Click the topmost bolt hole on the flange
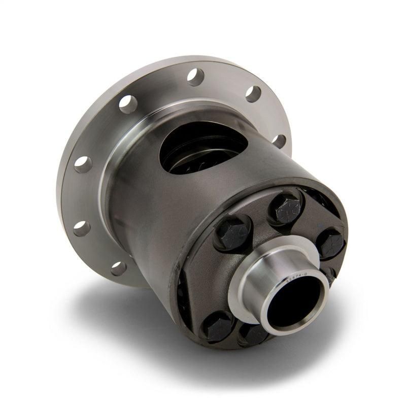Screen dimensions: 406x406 195,76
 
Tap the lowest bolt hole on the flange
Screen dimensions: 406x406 118,268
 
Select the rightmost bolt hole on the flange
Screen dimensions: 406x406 279,141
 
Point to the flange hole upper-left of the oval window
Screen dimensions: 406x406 128,104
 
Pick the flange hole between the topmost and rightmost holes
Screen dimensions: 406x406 253,94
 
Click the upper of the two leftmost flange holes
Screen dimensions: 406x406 83,163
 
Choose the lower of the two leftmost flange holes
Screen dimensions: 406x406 82,228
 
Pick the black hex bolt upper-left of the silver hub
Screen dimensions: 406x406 233,232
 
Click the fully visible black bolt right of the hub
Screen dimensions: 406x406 329,243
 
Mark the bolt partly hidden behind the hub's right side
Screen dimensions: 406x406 329,277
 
